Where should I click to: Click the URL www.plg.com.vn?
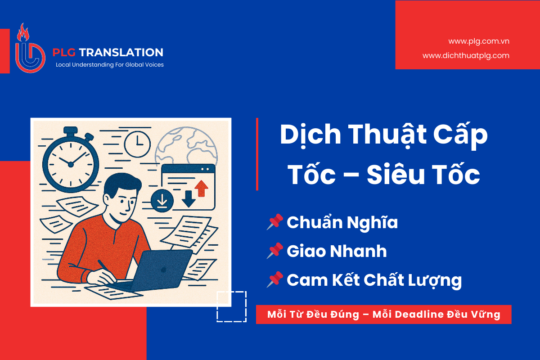[x=478, y=41]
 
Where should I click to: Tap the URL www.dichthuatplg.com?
[x=466, y=56]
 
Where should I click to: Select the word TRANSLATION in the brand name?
[x=121, y=53]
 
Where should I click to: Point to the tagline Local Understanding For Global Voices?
[x=109, y=65]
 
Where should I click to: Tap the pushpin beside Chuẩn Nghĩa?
[x=275, y=222]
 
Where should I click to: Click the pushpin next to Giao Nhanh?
[x=275, y=251]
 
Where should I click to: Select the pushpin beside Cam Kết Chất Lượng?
[x=275, y=279]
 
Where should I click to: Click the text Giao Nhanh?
[x=337, y=251]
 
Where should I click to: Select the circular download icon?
[x=162, y=200]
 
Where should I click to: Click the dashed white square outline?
[x=231, y=306]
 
